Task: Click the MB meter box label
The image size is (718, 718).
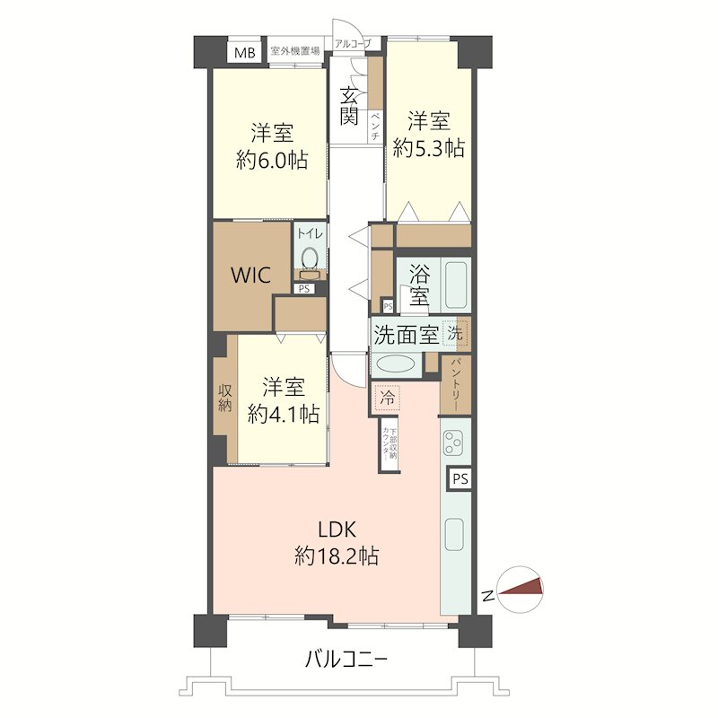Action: coord(244,53)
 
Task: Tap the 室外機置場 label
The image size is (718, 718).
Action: coord(295,50)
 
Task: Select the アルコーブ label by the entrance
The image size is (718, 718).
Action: coord(351,44)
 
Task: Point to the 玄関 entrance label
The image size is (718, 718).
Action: coord(349,106)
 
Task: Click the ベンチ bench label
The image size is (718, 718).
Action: coord(375,126)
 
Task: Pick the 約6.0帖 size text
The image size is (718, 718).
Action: coord(272,161)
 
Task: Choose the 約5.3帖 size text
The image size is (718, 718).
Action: coord(429,148)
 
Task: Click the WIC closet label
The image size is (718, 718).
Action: coord(250,276)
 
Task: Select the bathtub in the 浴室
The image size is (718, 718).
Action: coord(456,285)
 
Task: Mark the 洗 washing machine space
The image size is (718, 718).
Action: coord(455,333)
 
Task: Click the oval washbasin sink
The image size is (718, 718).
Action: coord(396,364)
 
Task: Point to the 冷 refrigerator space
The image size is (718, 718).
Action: coord(388,398)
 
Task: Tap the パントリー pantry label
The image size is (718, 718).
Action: coord(456,385)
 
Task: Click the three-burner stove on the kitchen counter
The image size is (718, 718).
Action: coord(456,442)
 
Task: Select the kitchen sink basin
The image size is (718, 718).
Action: coord(454,535)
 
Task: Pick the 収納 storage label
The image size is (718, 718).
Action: coord(224,398)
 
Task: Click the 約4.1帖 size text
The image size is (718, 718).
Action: coord(284,415)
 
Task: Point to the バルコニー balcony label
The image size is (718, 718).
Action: coord(346,660)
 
